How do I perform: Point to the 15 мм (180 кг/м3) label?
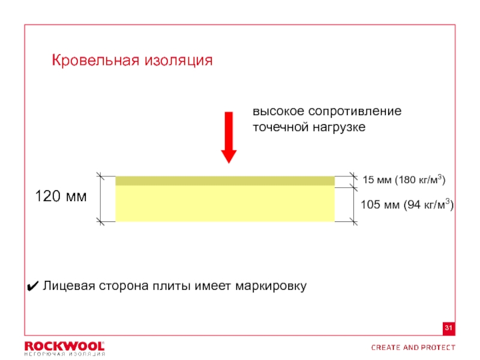click(x=404, y=179)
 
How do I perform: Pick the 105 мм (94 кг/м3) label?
click(x=407, y=205)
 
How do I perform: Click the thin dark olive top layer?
click(x=224, y=181)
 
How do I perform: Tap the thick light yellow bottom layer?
click(x=224, y=204)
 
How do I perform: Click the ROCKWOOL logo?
click(x=64, y=346)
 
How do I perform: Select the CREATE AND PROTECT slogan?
click(x=413, y=347)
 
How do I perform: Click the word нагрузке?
click(x=339, y=128)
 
